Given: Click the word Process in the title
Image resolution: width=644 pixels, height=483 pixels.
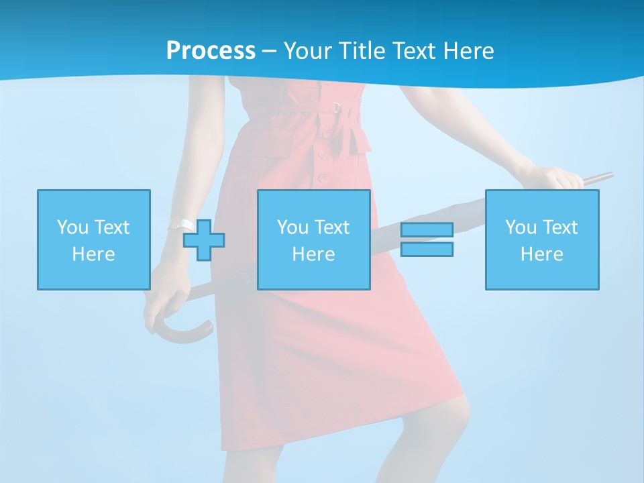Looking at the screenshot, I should pos(211,51).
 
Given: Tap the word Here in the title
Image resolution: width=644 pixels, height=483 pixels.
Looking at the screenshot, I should pos(468,51).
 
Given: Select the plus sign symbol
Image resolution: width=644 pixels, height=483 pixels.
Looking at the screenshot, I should pos(204,239).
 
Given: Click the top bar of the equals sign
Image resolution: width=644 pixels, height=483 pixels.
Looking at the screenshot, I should pos(427,230).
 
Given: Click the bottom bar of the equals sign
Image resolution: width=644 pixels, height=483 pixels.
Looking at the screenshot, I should pos(427,250).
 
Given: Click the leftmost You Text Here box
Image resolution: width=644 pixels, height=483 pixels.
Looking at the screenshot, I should pos(93,239).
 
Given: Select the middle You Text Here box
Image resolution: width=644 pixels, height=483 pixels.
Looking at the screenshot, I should pos(313,239).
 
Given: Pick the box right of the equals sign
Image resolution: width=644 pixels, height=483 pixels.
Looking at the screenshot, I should pos(541,239).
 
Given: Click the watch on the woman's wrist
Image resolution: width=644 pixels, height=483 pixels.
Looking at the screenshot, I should pos(178,223).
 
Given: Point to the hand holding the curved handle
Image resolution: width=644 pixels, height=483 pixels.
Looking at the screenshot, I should pos(161,302).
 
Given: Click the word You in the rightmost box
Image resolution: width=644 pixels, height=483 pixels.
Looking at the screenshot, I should pos(521,227).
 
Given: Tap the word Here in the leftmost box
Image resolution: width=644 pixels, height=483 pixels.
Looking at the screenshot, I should pos(93,254).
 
